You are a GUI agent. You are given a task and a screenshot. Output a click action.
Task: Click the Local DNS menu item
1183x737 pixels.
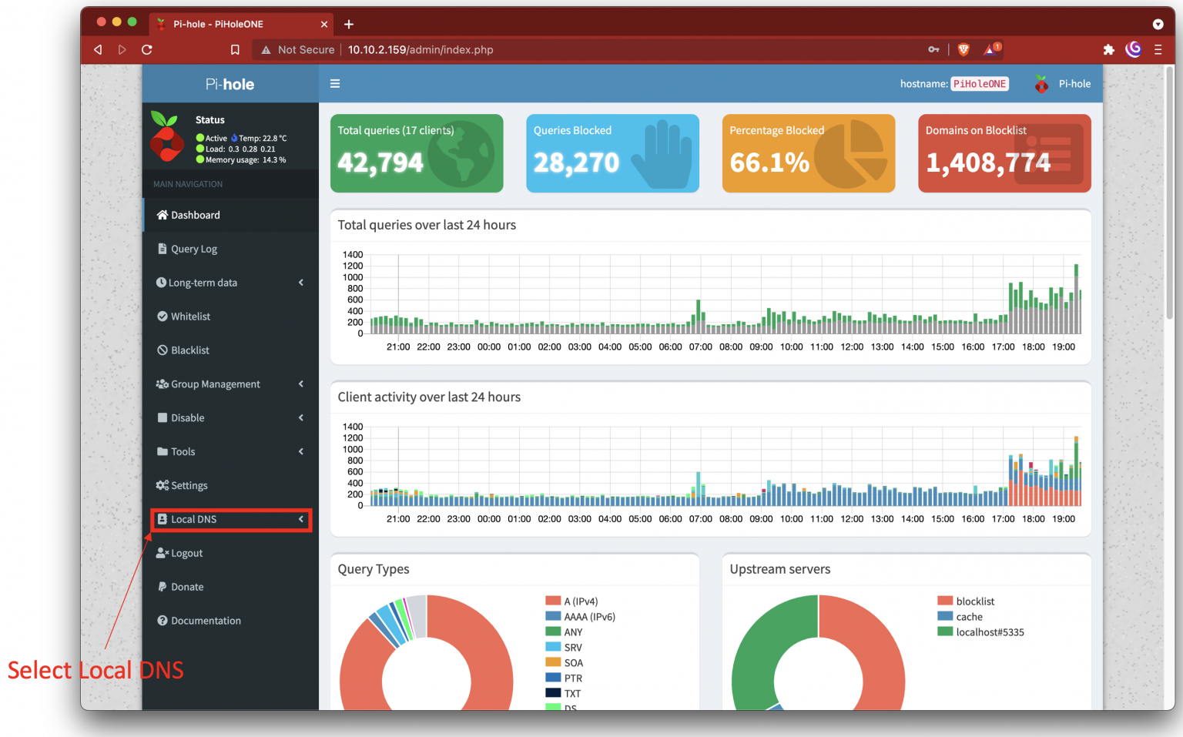tap(194, 520)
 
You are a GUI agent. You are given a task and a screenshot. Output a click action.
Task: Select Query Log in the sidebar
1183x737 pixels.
tap(193, 250)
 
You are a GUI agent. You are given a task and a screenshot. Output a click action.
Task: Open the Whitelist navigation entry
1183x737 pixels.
tap(190, 317)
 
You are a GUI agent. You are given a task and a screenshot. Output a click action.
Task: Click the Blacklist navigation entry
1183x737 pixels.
tap(189, 350)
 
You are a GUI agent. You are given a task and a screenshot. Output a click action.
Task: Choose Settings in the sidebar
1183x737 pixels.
tap(189, 486)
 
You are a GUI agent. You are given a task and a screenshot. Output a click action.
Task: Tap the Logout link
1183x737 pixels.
tap(186, 554)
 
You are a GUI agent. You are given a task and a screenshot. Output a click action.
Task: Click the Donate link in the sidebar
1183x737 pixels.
tap(187, 588)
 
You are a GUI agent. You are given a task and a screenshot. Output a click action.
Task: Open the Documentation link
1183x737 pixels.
tap(206, 621)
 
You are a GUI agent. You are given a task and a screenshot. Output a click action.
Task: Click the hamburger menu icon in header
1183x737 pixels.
tap(335, 84)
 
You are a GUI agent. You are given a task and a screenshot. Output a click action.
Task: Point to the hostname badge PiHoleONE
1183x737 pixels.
tap(979, 84)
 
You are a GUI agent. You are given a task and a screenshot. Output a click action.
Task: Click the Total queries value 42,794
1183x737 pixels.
tap(380, 162)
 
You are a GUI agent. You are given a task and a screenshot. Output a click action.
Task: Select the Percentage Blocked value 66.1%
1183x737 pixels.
tap(769, 162)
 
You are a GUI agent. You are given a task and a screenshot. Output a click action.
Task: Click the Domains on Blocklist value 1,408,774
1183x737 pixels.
tap(988, 162)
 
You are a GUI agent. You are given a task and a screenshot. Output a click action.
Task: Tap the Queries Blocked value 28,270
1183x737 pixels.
tap(576, 162)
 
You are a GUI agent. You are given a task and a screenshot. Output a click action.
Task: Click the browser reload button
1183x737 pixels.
tap(147, 50)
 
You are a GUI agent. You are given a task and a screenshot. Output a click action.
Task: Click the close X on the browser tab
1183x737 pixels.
tap(324, 25)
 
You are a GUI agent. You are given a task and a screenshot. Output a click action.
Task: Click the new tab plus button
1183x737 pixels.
tap(349, 25)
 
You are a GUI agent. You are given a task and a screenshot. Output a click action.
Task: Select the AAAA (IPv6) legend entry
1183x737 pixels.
tap(589, 617)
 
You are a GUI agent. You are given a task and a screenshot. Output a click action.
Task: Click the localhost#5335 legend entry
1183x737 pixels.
tap(990, 632)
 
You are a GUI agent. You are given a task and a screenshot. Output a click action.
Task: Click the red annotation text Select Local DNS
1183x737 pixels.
tap(96, 671)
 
